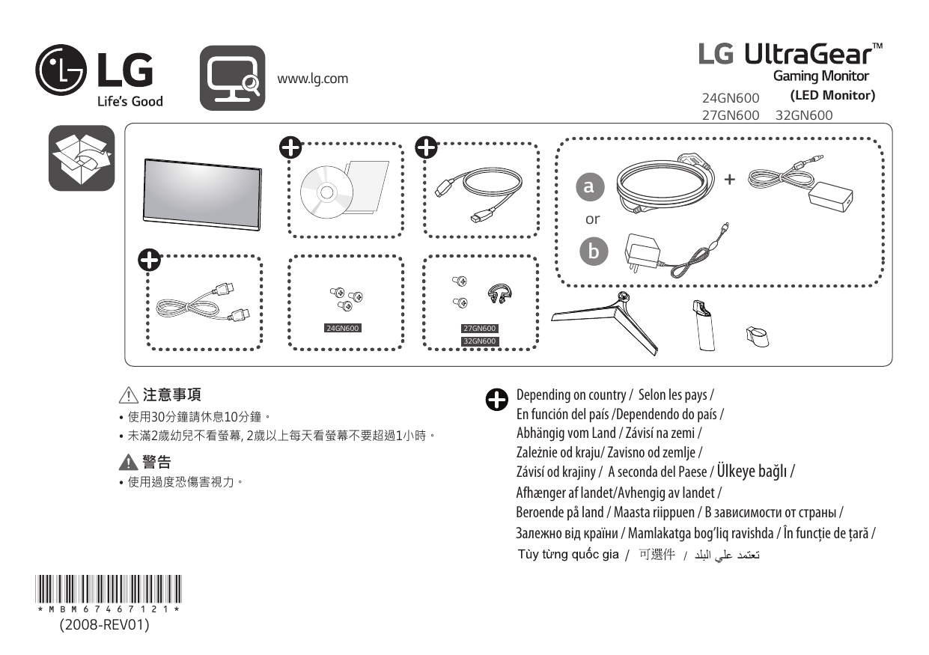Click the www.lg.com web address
point(313,79)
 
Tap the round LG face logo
point(61,70)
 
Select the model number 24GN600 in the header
point(731,98)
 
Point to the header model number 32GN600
point(804,115)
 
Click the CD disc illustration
point(326,192)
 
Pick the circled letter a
point(590,186)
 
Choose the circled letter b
point(594,252)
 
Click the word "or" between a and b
point(592,219)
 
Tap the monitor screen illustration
point(202,194)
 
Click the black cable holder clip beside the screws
point(499,293)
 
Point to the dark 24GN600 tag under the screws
point(343,328)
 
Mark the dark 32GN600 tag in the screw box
point(479,341)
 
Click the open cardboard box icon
point(82,158)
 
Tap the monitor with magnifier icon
point(232,78)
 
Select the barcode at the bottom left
point(109,588)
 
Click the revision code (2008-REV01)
point(105,624)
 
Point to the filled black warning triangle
point(128,462)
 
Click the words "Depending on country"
point(571,395)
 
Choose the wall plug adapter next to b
point(642,253)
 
